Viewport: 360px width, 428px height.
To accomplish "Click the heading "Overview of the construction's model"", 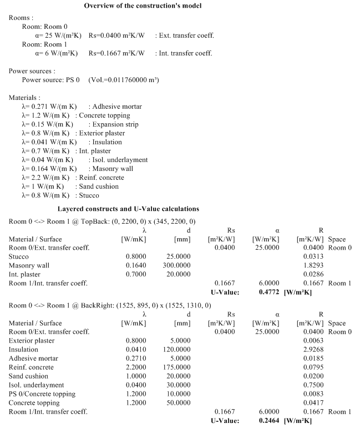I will pos(143,6).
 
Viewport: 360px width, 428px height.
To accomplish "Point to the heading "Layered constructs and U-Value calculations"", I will pos(128,209).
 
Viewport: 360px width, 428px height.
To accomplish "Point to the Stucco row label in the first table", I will pos(19,256).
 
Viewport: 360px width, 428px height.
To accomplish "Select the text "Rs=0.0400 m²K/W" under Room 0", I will pos(116,36).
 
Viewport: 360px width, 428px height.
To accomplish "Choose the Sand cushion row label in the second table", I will pos(28,376).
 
